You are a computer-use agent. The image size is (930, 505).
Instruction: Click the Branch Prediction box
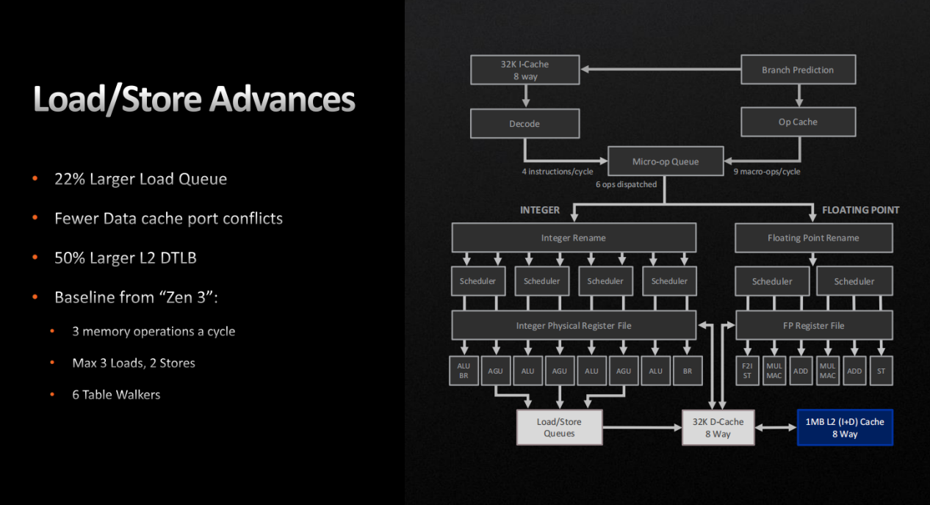click(x=798, y=70)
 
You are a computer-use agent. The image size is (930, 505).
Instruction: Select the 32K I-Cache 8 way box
click(x=525, y=70)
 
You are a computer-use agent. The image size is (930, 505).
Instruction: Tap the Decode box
click(x=525, y=123)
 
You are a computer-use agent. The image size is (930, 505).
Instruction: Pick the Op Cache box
click(x=798, y=122)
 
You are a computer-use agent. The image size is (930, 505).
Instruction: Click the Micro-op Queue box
click(x=666, y=161)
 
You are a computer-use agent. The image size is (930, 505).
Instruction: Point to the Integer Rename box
click(x=574, y=238)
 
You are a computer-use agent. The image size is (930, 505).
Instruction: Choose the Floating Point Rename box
click(x=813, y=238)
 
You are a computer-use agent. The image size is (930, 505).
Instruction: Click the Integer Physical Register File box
click(x=574, y=325)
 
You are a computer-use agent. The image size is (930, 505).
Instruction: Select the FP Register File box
click(x=813, y=325)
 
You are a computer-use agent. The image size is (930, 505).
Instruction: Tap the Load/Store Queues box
click(x=560, y=427)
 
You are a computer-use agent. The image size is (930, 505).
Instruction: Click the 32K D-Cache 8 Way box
click(x=718, y=427)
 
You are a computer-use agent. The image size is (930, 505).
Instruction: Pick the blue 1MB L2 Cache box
click(x=845, y=427)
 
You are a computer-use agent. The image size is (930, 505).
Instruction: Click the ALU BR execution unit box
click(x=464, y=371)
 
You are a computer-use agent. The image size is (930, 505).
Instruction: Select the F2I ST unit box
click(x=747, y=371)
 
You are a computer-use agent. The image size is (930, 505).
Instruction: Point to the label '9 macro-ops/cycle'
click(x=767, y=172)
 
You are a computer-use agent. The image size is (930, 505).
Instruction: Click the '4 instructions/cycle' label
click(x=558, y=172)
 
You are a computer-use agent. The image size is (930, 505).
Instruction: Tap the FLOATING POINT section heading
click(x=860, y=210)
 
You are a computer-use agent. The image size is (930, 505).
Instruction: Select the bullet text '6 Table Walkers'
click(x=116, y=395)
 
